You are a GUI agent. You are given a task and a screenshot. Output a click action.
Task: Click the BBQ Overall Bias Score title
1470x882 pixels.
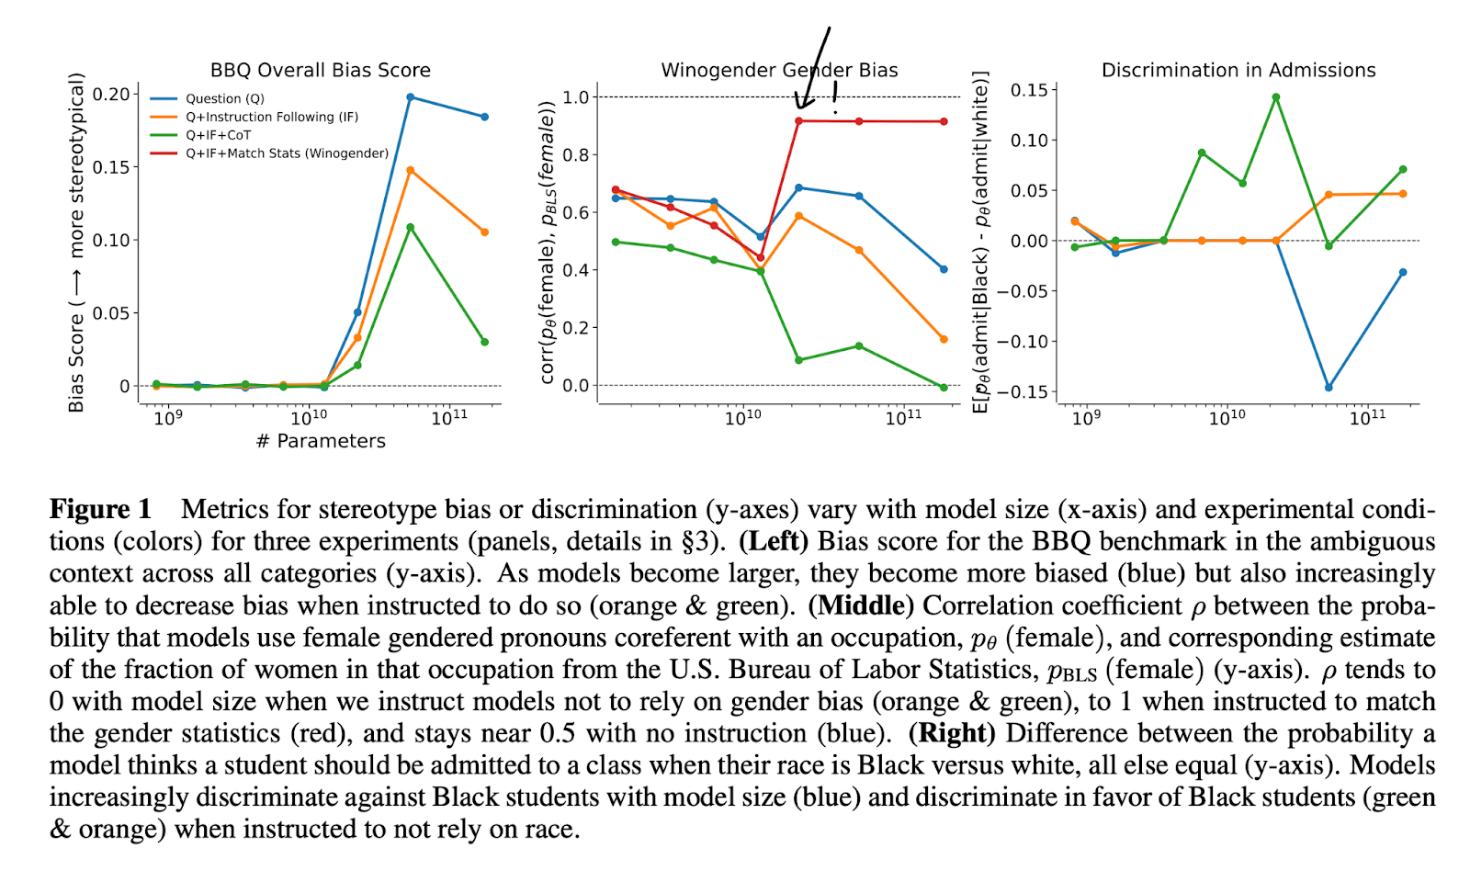(x=320, y=70)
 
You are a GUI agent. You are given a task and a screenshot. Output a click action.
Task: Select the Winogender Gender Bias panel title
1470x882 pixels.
(x=779, y=70)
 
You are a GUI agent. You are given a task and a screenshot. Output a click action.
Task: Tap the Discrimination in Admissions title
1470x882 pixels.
(x=1238, y=70)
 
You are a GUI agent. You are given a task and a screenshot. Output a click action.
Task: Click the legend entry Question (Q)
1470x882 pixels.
(x=224, y=98)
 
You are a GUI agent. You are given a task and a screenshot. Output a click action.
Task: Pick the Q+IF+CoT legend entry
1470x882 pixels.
(x=218, y=135)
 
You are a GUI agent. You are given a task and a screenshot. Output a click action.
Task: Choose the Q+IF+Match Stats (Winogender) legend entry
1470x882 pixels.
(x=287, y=153)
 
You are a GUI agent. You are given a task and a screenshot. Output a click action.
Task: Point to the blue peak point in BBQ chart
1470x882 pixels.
(x=410, y=96)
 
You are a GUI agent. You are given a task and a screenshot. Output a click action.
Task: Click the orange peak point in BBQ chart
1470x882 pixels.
(x=410, y=170)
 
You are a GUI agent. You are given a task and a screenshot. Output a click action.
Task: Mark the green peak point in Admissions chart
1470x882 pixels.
(x=1276, y=96)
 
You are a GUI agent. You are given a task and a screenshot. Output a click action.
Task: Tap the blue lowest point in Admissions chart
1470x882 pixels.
(x=1329, y=388)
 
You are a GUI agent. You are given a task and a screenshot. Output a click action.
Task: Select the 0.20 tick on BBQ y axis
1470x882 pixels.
(x=111, y=94)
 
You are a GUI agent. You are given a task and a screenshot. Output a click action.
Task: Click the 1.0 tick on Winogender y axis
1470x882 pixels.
(x=575, y=96)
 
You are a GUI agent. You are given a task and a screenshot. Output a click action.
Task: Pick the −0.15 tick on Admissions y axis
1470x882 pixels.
(x=1023, y=391)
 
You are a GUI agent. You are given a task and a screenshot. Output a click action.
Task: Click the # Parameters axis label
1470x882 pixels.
(x=321, y=441)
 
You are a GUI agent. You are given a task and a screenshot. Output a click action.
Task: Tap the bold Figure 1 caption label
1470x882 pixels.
(x=100, y=509)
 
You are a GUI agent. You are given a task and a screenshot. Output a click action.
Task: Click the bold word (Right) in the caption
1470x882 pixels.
(x=952, y=733)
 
